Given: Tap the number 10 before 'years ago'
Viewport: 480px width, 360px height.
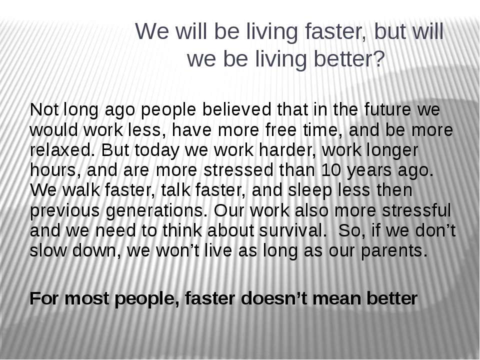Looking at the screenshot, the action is click(x=330, y=170).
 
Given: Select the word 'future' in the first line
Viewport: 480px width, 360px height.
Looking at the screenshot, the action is click(x=387, y=109).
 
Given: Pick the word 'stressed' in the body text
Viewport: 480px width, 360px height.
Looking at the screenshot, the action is click(x=238, y=170).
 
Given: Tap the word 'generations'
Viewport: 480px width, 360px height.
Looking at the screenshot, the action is click(x=156, y=211).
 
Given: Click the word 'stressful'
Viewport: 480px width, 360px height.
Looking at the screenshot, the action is click(x=416, y=210).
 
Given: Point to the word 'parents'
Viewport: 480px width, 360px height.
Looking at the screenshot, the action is click(x=393, y=251).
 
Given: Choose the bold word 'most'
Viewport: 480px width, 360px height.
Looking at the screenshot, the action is click(x=86, y=299).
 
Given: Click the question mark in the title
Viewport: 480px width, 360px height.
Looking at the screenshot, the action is click(x=379, y=59).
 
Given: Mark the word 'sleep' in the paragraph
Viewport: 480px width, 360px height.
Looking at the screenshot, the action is click(x=310, y=190).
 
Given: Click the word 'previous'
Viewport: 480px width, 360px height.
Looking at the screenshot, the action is click(x=65, y=211).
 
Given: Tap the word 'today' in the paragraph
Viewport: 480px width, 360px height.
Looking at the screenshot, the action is click(x=156, y=150).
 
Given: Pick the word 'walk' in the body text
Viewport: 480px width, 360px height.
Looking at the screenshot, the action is click(x=81, y=190).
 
